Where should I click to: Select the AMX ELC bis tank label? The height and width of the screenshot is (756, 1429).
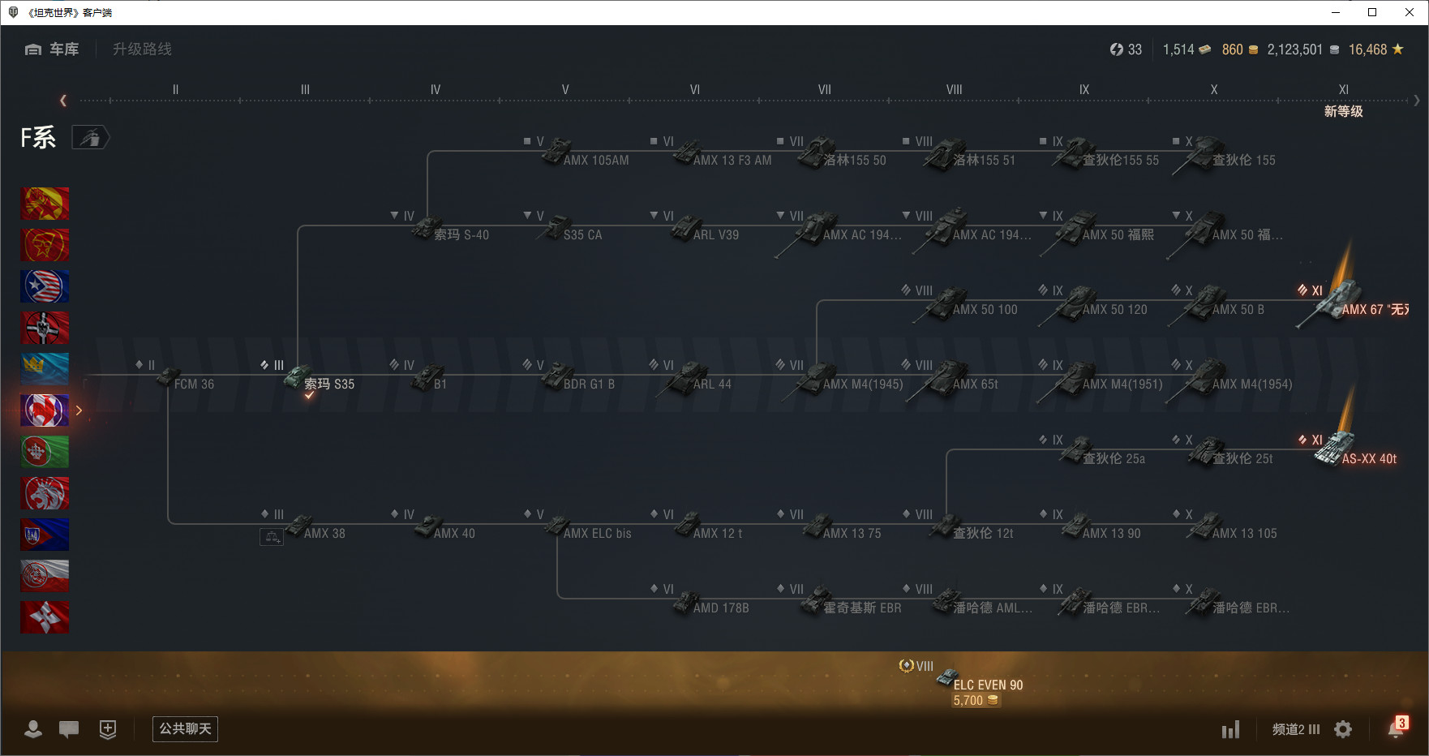pos(597,534)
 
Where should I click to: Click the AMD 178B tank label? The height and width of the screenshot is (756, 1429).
pos(720,608)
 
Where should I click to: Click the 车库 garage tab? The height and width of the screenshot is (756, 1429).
pos(53,49)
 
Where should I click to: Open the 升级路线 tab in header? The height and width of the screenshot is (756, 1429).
pos(142,49)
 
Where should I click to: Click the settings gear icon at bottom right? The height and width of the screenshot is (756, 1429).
pos(1343,729)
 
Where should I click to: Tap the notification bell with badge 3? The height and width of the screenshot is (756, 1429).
pos(1396,728)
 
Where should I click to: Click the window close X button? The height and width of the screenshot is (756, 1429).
pos(1410,12)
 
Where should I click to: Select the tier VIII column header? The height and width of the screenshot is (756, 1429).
pos(954,90)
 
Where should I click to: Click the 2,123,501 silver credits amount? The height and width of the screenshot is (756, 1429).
pos(1294,49)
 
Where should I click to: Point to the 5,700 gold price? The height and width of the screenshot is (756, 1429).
pos(968,701)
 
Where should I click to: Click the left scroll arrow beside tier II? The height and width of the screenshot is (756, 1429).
pos(63,101)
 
